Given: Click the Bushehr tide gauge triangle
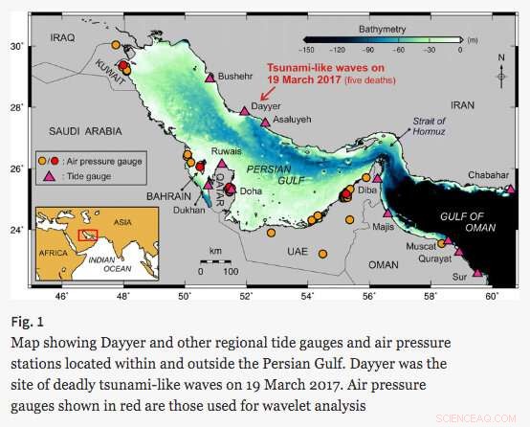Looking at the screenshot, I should click(x=210, y=77).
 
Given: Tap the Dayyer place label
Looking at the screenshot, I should click(x=267, y=106).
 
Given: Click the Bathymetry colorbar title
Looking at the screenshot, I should click(x=382, y=29).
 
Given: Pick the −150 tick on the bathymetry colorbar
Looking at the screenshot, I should click(x=308, y=49).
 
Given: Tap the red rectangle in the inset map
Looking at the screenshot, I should click(x=87, y=234).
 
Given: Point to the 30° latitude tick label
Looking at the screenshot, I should click(x=16, y=46).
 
